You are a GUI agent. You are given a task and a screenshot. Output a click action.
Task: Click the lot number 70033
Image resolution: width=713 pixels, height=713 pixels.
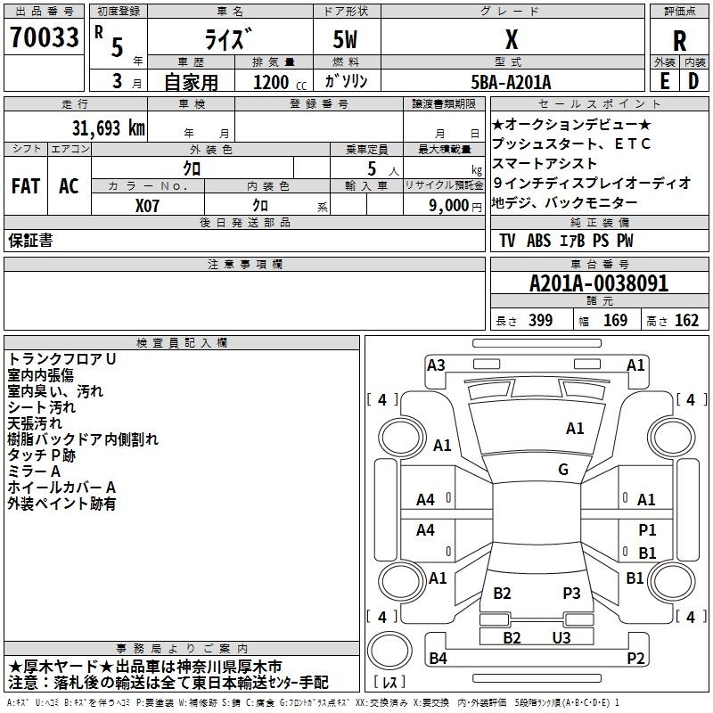tap(44, 37)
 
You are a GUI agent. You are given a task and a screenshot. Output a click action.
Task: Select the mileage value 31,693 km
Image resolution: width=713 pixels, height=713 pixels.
tap(109, 128)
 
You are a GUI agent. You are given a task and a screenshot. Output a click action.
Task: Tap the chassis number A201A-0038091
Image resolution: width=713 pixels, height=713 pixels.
tap(599, 283)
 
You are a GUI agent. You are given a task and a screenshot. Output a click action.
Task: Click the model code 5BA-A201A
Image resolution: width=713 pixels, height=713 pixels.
tap(511, 82)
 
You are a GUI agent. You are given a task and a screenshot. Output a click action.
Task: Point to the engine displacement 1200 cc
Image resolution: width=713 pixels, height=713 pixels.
tap(280, 82)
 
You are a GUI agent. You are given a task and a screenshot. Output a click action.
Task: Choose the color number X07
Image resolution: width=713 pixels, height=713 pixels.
tap(147, 206)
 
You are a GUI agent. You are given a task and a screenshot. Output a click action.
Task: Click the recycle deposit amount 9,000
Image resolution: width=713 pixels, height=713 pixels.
tap(449, 206)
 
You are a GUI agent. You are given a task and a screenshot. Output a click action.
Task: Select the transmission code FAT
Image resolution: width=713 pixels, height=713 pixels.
tap(26, 186)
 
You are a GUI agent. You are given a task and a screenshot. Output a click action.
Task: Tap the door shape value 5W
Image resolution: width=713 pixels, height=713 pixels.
tap(345, 39)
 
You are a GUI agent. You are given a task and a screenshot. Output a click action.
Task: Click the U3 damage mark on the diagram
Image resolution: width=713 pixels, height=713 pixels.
tap(561, 637)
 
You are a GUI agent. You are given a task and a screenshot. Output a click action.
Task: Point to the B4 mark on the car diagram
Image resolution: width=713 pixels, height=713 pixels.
tap(438, 658)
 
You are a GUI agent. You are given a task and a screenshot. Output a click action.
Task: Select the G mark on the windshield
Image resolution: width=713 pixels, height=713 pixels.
tap(563, 470)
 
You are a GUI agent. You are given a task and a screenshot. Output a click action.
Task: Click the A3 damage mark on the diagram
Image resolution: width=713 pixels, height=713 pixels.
tap(436, 365)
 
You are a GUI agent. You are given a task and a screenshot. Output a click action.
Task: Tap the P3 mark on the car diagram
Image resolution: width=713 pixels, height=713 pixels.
tap(571, 593)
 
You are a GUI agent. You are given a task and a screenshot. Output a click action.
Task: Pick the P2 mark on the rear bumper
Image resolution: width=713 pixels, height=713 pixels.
tap(635, 658)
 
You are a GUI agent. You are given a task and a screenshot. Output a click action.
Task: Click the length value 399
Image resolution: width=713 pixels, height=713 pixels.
tap(541, 320)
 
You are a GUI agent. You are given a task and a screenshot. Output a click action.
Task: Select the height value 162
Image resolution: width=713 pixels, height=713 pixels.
tap(686, 320)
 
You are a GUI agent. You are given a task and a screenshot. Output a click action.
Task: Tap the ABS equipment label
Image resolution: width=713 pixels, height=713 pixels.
tap(538, 241)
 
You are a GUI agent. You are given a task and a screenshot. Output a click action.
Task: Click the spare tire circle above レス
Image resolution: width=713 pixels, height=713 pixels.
tap(389, 651)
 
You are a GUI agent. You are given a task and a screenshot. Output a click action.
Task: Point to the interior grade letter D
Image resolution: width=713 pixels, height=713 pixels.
tap(693, 81)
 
